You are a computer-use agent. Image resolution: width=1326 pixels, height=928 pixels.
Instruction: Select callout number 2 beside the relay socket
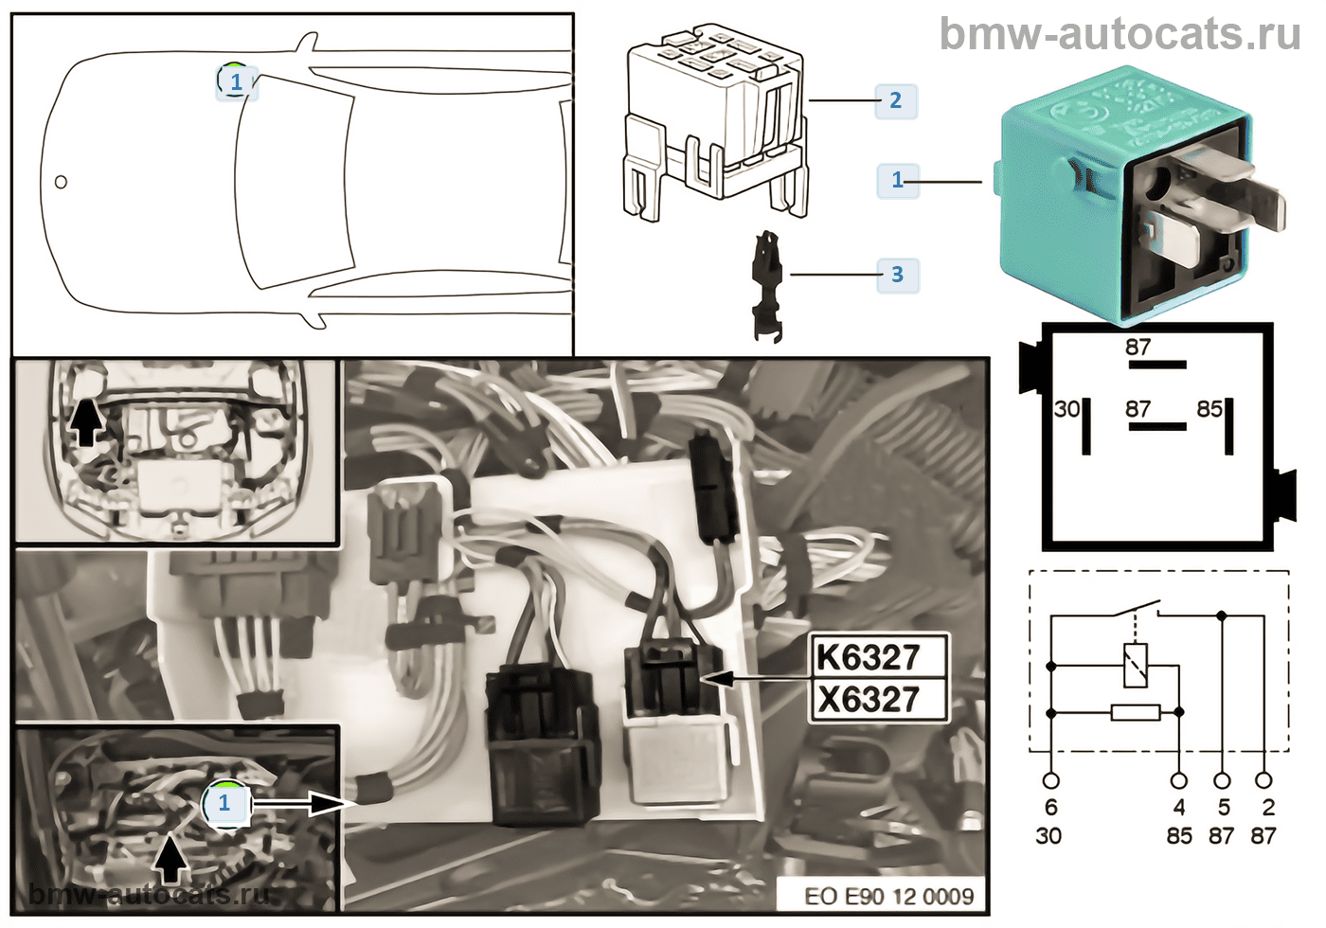[895, 100]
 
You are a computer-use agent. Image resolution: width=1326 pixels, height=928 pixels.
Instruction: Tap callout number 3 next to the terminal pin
[897, 275]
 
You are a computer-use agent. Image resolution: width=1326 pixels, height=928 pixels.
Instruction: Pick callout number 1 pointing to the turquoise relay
[897, 180]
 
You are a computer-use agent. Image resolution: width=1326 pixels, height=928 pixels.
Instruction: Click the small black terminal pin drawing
[767, 284]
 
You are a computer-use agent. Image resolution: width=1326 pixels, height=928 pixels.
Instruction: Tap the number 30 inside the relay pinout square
[1066, 409]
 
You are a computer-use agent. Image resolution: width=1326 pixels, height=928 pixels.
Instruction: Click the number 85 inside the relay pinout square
[1210, 409]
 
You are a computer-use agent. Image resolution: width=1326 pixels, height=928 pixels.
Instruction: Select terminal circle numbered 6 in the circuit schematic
[1050, 781]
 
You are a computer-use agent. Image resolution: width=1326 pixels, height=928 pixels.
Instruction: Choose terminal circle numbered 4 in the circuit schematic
[1179, 781]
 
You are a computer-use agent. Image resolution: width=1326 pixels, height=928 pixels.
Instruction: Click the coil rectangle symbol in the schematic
[1135, 665]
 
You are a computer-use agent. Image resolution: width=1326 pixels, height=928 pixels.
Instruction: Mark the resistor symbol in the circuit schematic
[1135, 712]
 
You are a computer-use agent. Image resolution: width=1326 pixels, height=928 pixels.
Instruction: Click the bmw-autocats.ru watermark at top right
[1120, 34]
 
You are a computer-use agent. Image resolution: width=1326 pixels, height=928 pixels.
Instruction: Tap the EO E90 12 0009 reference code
[888, 896]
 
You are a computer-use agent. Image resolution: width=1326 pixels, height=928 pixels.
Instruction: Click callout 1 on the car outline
[236, 81]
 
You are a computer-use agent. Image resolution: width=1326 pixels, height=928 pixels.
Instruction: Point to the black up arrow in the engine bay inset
[86, 422]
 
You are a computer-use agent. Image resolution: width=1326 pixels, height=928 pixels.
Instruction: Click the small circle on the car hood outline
[61, 182]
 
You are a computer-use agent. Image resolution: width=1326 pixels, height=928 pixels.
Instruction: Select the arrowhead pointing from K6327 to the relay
[716, 678]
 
